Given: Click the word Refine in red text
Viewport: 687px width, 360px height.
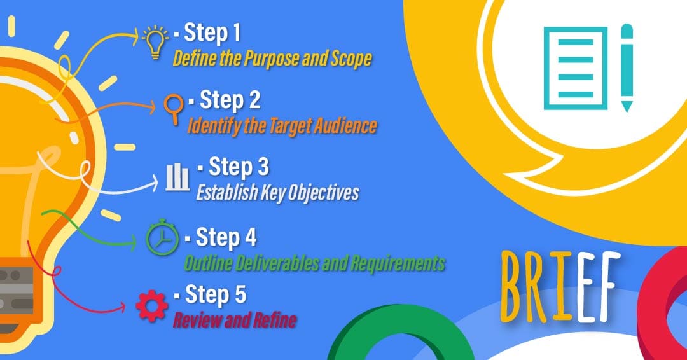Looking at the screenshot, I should coord(273,321).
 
